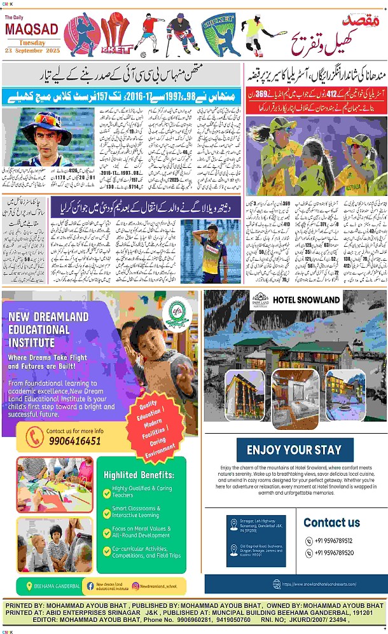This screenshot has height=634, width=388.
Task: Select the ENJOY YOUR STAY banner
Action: click(x=294, y=450)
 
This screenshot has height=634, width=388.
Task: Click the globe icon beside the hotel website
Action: click(x=276, y=584)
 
